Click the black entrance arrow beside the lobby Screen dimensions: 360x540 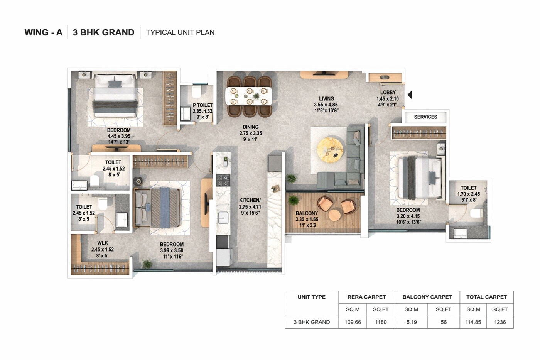tap(410, 95)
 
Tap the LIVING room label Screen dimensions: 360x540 tap(326, 99)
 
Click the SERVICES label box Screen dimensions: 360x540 tap(425, 117)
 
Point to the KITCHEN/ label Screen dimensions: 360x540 tap(250, 200)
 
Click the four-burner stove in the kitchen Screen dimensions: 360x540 tap(223, 180)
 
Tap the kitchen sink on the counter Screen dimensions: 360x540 tap(223, 217)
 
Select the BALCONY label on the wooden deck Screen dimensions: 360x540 tap(307, 213)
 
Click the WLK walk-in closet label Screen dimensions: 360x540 tap(103, 243)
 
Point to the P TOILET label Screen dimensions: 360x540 tap(202, 105)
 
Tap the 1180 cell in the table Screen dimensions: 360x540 tap(381, 322)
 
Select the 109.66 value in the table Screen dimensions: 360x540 tap(353, 322)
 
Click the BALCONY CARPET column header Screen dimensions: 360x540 tap(427, 297)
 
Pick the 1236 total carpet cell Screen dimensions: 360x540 tap(500, 322)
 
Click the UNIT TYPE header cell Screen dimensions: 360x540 tap(311, 297)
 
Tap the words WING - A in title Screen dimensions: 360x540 tap(43, 32)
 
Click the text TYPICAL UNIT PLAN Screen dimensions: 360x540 tap(180, 32)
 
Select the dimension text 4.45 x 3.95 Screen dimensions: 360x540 tap(119, 136)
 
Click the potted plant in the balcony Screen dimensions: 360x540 tap(294, 200)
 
